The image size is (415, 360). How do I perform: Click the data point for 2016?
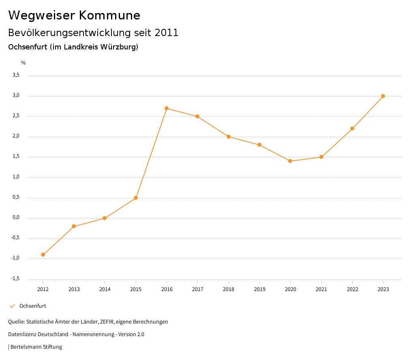[167, 108]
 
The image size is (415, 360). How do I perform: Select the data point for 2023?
[383, 96]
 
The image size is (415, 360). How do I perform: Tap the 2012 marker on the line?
[43, 255]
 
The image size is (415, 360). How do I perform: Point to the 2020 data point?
[290, 161]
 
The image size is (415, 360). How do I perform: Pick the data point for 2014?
[105, 218]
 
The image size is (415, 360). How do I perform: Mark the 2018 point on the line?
[229, 137]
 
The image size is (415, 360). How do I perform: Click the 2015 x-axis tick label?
[136, 289]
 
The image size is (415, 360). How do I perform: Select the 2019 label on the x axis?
[259, 289]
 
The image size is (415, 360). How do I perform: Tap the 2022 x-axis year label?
[352, 289]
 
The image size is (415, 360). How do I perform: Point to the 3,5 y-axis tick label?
[16, 75]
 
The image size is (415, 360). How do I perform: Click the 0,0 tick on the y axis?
[16, 217]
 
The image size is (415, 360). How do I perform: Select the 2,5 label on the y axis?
[16, 116]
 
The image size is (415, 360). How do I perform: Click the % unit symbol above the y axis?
[24, 63]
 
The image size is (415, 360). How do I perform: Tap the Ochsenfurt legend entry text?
[33, 306]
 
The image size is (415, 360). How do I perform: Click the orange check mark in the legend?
[12, 306]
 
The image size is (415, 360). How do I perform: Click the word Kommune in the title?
[109, 15]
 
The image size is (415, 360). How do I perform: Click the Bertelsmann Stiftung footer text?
[36, 347]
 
